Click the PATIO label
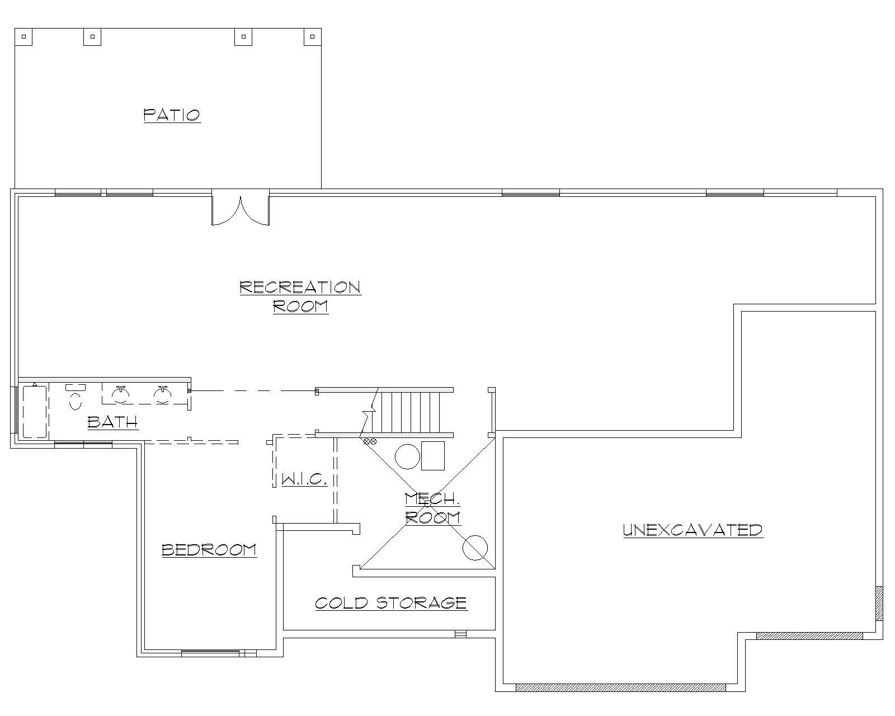point(172,115)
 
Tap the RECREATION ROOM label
point(300,296)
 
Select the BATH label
point(112,421)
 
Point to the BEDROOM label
point(209,550)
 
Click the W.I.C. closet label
point(304,479)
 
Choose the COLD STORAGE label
point(391,602)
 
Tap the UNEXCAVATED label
point(693,530)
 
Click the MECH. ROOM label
point(432,508)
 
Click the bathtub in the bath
point(35,411)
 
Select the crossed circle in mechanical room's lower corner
point(475,548)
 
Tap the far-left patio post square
point(23,37)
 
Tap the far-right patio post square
point(312,37)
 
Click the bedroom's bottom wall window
point(211,652)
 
